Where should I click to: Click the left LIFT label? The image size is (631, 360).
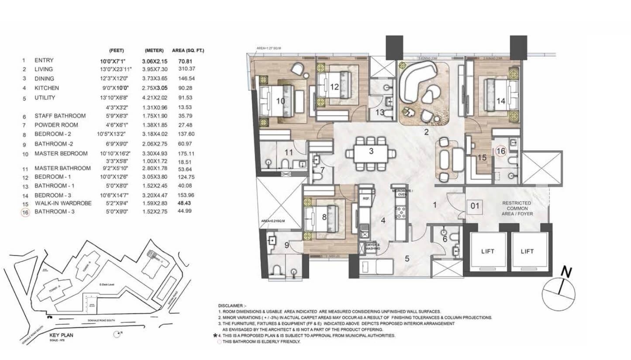coord(487,251)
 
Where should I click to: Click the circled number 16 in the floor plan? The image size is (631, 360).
coord(501,151)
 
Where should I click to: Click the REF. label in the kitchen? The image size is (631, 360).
coord(366,198)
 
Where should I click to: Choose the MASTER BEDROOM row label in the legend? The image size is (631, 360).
coord(61,153)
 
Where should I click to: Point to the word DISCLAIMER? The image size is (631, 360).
coord(233,305)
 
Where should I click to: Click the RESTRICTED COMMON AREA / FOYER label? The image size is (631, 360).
coord(517,208)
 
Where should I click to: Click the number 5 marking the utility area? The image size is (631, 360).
coord(407,258)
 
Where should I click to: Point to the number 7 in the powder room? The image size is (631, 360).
coord(322,170)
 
